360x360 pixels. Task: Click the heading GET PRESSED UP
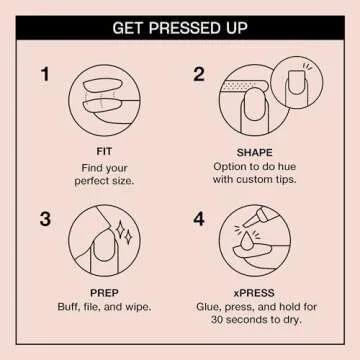click(179, 28)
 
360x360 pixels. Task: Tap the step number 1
click(45, 75)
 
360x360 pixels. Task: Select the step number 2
click(198, 75)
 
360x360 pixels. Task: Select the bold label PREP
click(105, 293)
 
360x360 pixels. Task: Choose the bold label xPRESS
click(256, 293)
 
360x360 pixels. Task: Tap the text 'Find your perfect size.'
click(105, 174)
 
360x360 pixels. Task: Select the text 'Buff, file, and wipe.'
click(105, 307)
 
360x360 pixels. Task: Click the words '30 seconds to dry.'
click(256, 321)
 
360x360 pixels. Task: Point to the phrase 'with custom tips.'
click(256, 181)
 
